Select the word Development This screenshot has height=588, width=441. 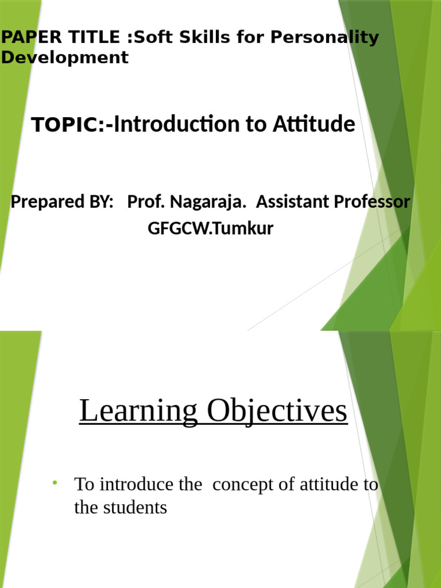[64, 57]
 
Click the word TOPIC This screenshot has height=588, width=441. [64, 125]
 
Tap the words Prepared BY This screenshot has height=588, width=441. [62, 202]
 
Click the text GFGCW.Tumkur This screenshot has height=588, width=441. [210, 229]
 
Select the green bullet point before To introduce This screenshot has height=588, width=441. [55, 481]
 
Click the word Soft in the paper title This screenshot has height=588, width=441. [150, 38]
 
